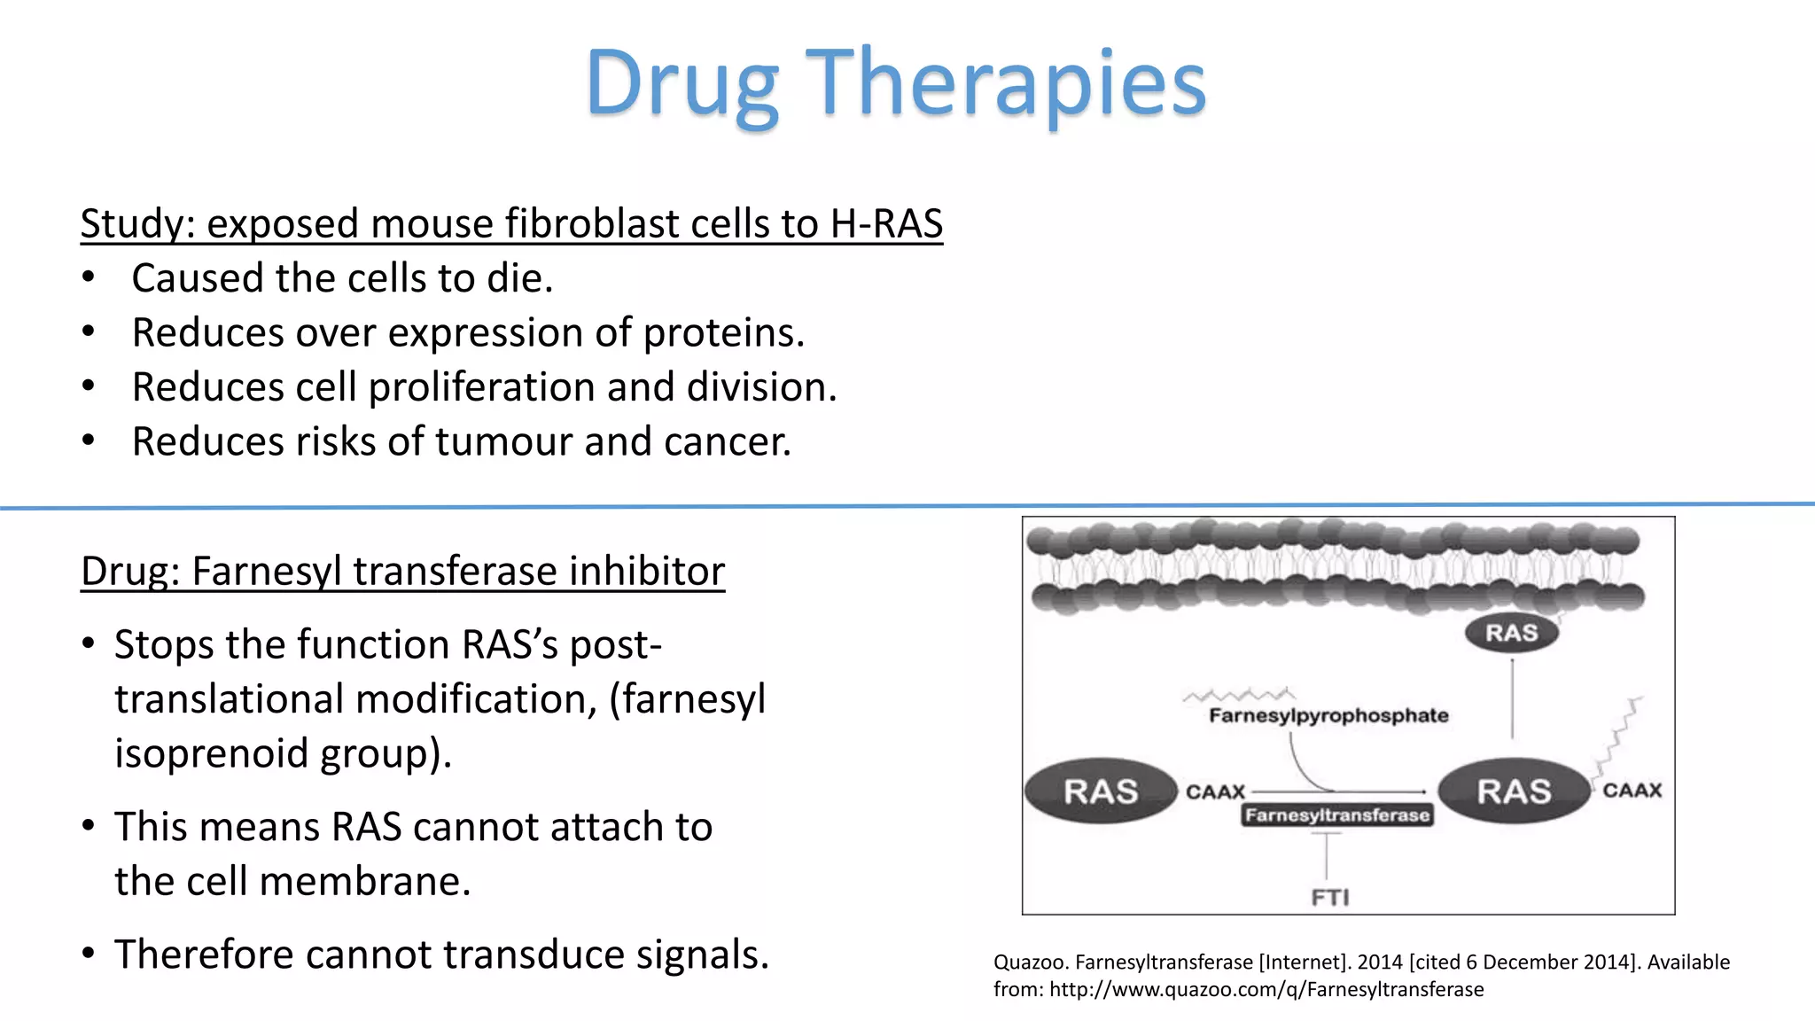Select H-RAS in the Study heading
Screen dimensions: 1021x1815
click(x=885, y=223)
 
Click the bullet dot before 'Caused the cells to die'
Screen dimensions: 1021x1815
click(x=88, y=278)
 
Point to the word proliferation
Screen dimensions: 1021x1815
click(x=481, y=387)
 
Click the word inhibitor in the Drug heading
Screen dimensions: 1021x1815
click(x=646, y=571)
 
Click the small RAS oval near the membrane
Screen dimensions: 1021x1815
click(x=1511, y=633)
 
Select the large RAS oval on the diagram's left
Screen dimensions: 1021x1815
click(x=1100, y=791)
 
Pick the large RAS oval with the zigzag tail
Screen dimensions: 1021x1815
click(x=1514, y=791)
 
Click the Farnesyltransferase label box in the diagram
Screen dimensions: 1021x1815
click(x=1336, y=814)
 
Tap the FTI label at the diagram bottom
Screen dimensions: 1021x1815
click(x=1329, y=898)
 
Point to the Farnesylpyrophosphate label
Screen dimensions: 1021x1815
click(x=1328, y=715)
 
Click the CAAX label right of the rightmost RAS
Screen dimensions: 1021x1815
click(x=1632, y=791)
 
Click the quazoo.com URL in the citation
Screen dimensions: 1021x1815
click(x=1266, y=989)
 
